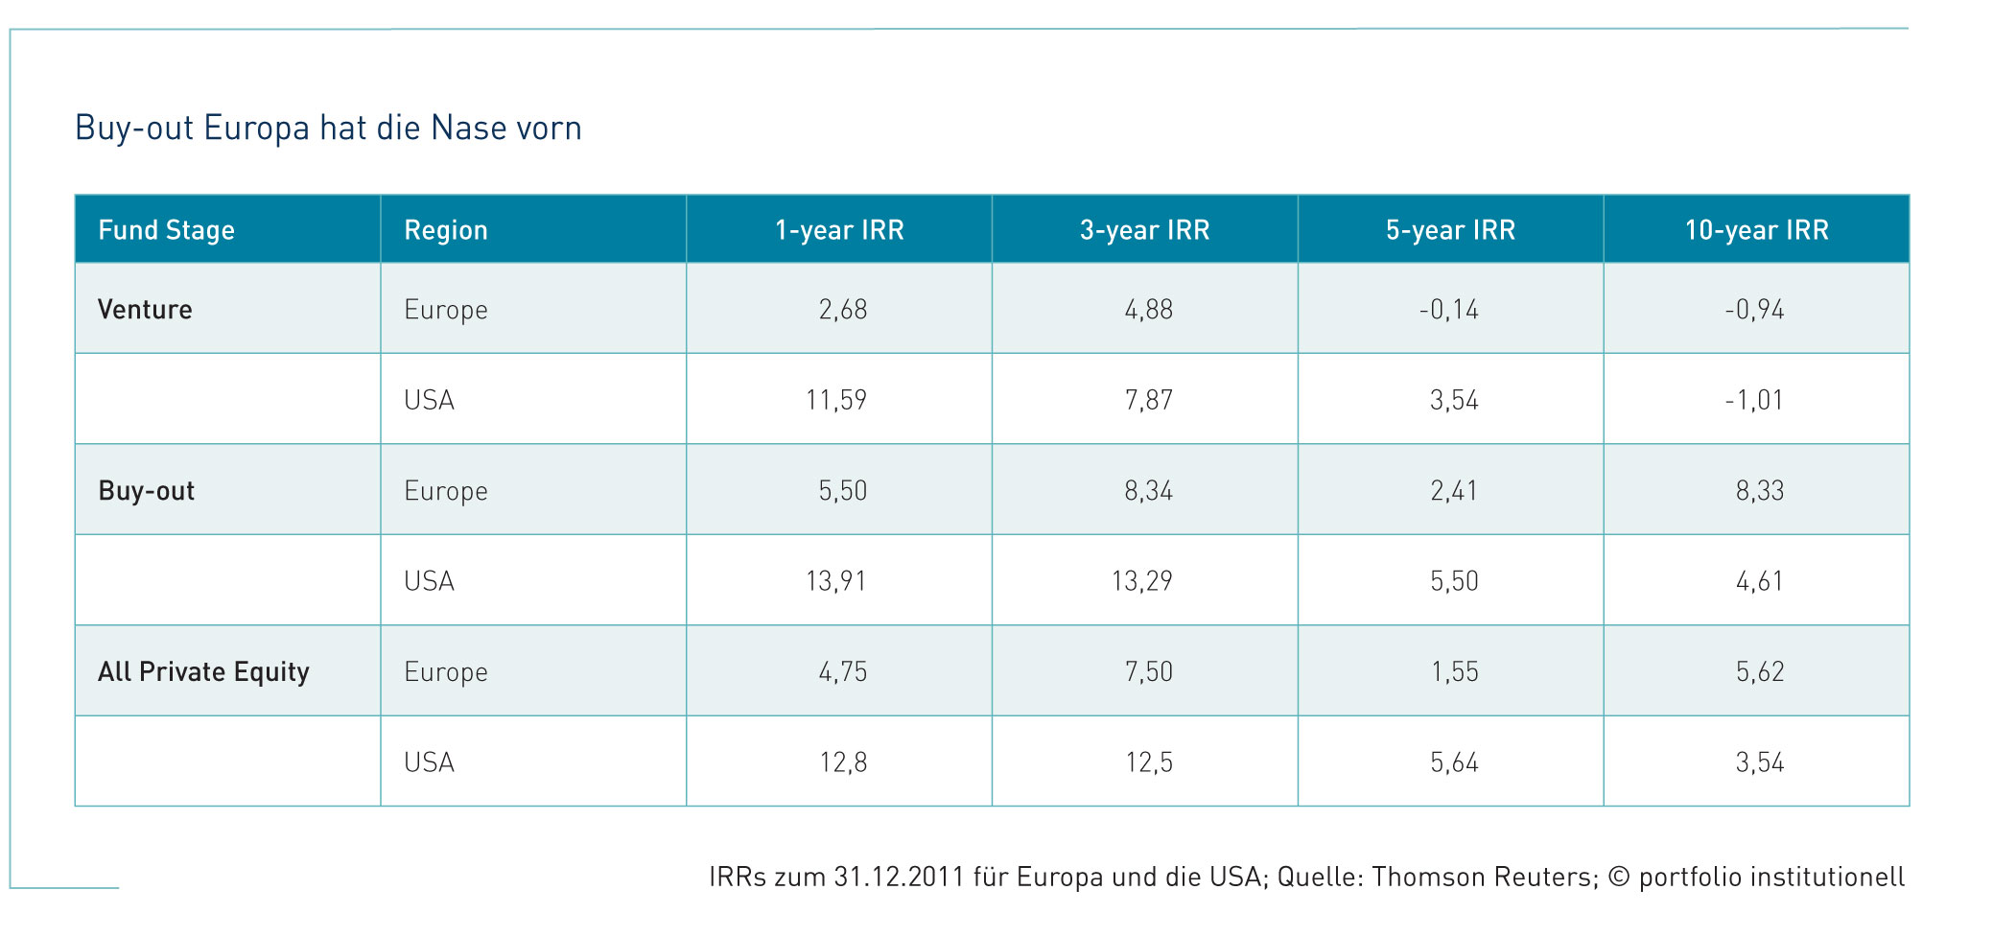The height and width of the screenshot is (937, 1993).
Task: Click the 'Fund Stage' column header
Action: click(x=166, y=230)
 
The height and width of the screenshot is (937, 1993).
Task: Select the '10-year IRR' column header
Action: click(x=1756, y=230)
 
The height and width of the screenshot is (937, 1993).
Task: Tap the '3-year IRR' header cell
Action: click(x=1144, y=230)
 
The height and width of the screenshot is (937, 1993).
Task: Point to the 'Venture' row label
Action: click(x=145, y=309)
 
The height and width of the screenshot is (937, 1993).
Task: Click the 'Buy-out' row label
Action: click(x=146, y=491)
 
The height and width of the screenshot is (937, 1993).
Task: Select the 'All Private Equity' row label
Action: click(x=203, y=671)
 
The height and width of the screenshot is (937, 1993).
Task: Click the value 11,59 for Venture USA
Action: click(x=836, y=400)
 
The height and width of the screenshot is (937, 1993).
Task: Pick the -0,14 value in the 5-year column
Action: click(x=1448, y=310)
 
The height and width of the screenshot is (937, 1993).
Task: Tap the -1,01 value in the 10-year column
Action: click(x=1753, y=400)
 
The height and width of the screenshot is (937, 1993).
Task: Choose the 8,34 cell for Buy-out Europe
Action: click(x=1148, y=491)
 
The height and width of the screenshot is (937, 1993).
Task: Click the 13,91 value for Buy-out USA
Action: click(x=836, y=581)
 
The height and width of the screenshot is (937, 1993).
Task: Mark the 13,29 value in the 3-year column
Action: click(x=1141, y=581)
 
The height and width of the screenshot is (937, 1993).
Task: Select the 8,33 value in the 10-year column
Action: click(x=1759, y=491)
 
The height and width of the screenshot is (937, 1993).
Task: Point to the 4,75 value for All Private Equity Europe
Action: click(x=842, y=672)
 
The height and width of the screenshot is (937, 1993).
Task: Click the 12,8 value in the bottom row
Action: click(x=842, y=762)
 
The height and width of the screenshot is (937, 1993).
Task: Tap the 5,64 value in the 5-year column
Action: click(x=1454, y=762)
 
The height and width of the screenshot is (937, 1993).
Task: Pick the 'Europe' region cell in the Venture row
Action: click(x=446, y=310)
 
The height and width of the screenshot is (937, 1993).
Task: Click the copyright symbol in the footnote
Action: click(x=1618, y=877)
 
